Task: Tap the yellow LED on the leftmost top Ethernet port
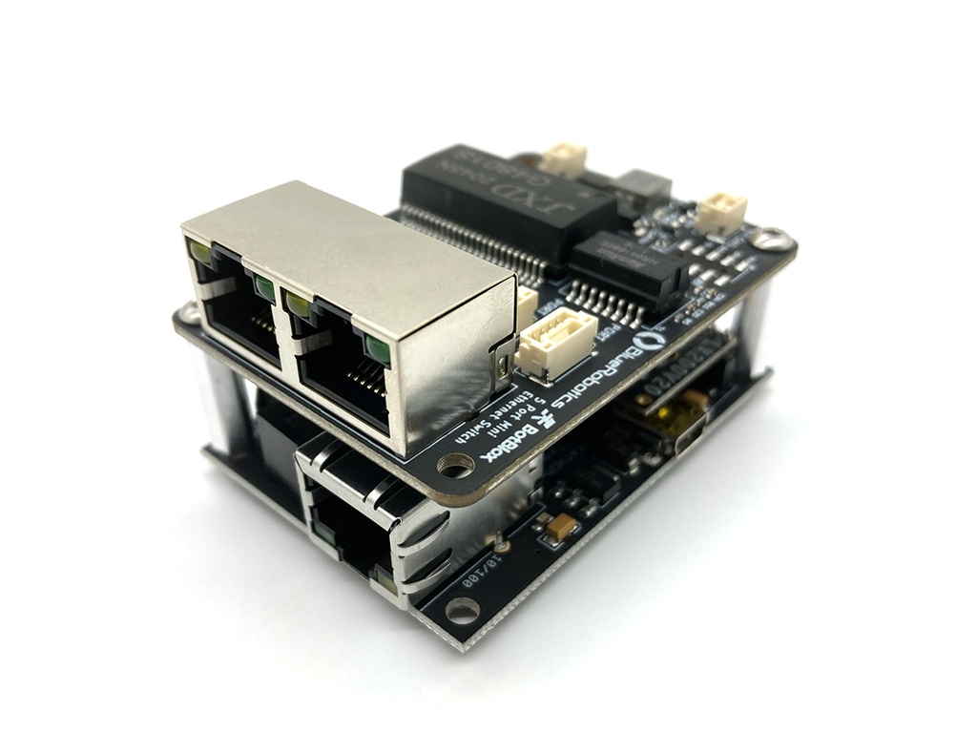tap(200, 252)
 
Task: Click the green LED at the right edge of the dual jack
tap(378, 349)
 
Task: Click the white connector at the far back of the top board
tap(563, 158)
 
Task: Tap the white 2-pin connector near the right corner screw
tap(720, 212)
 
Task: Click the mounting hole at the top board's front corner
tap(456, 466)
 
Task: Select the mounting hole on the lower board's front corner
tap(462, 608)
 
